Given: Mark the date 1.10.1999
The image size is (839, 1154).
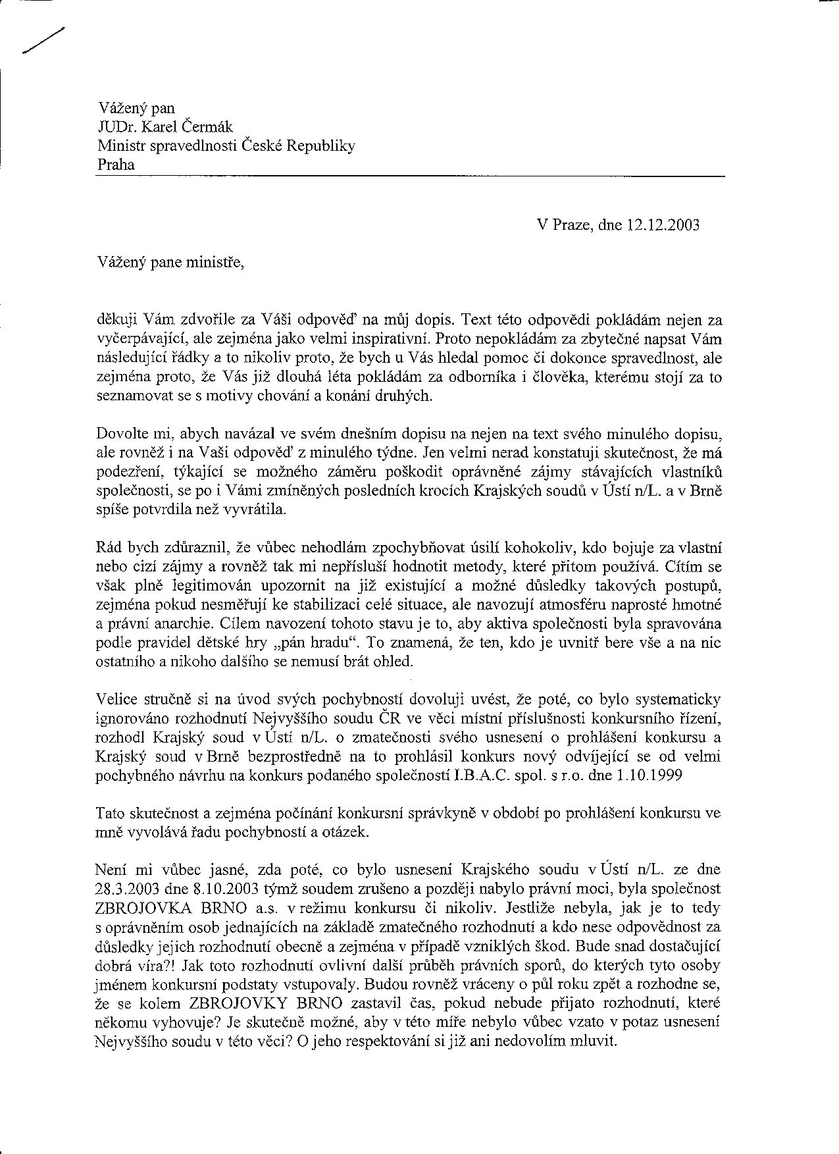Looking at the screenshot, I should [x=649, y=775].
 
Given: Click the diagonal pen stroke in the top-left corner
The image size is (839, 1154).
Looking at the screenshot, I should [x=43, y=41].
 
